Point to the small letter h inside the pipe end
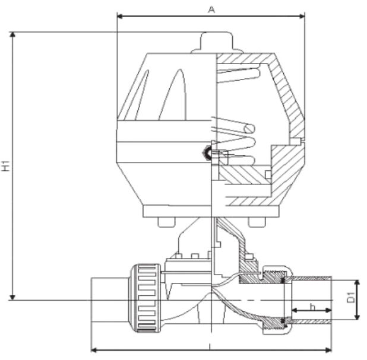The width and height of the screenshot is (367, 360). coord(314,307)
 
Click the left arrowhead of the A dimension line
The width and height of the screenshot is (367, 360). coord(121,16)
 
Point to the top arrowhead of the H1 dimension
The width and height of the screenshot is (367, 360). coord(12,36)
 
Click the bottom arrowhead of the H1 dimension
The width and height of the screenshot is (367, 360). coord(12,296)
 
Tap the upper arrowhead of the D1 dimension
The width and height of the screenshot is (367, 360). coord(357,282)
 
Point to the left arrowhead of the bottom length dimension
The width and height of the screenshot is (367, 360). coord(94,349)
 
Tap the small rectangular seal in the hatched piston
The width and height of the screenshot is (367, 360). coord(268,173)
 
